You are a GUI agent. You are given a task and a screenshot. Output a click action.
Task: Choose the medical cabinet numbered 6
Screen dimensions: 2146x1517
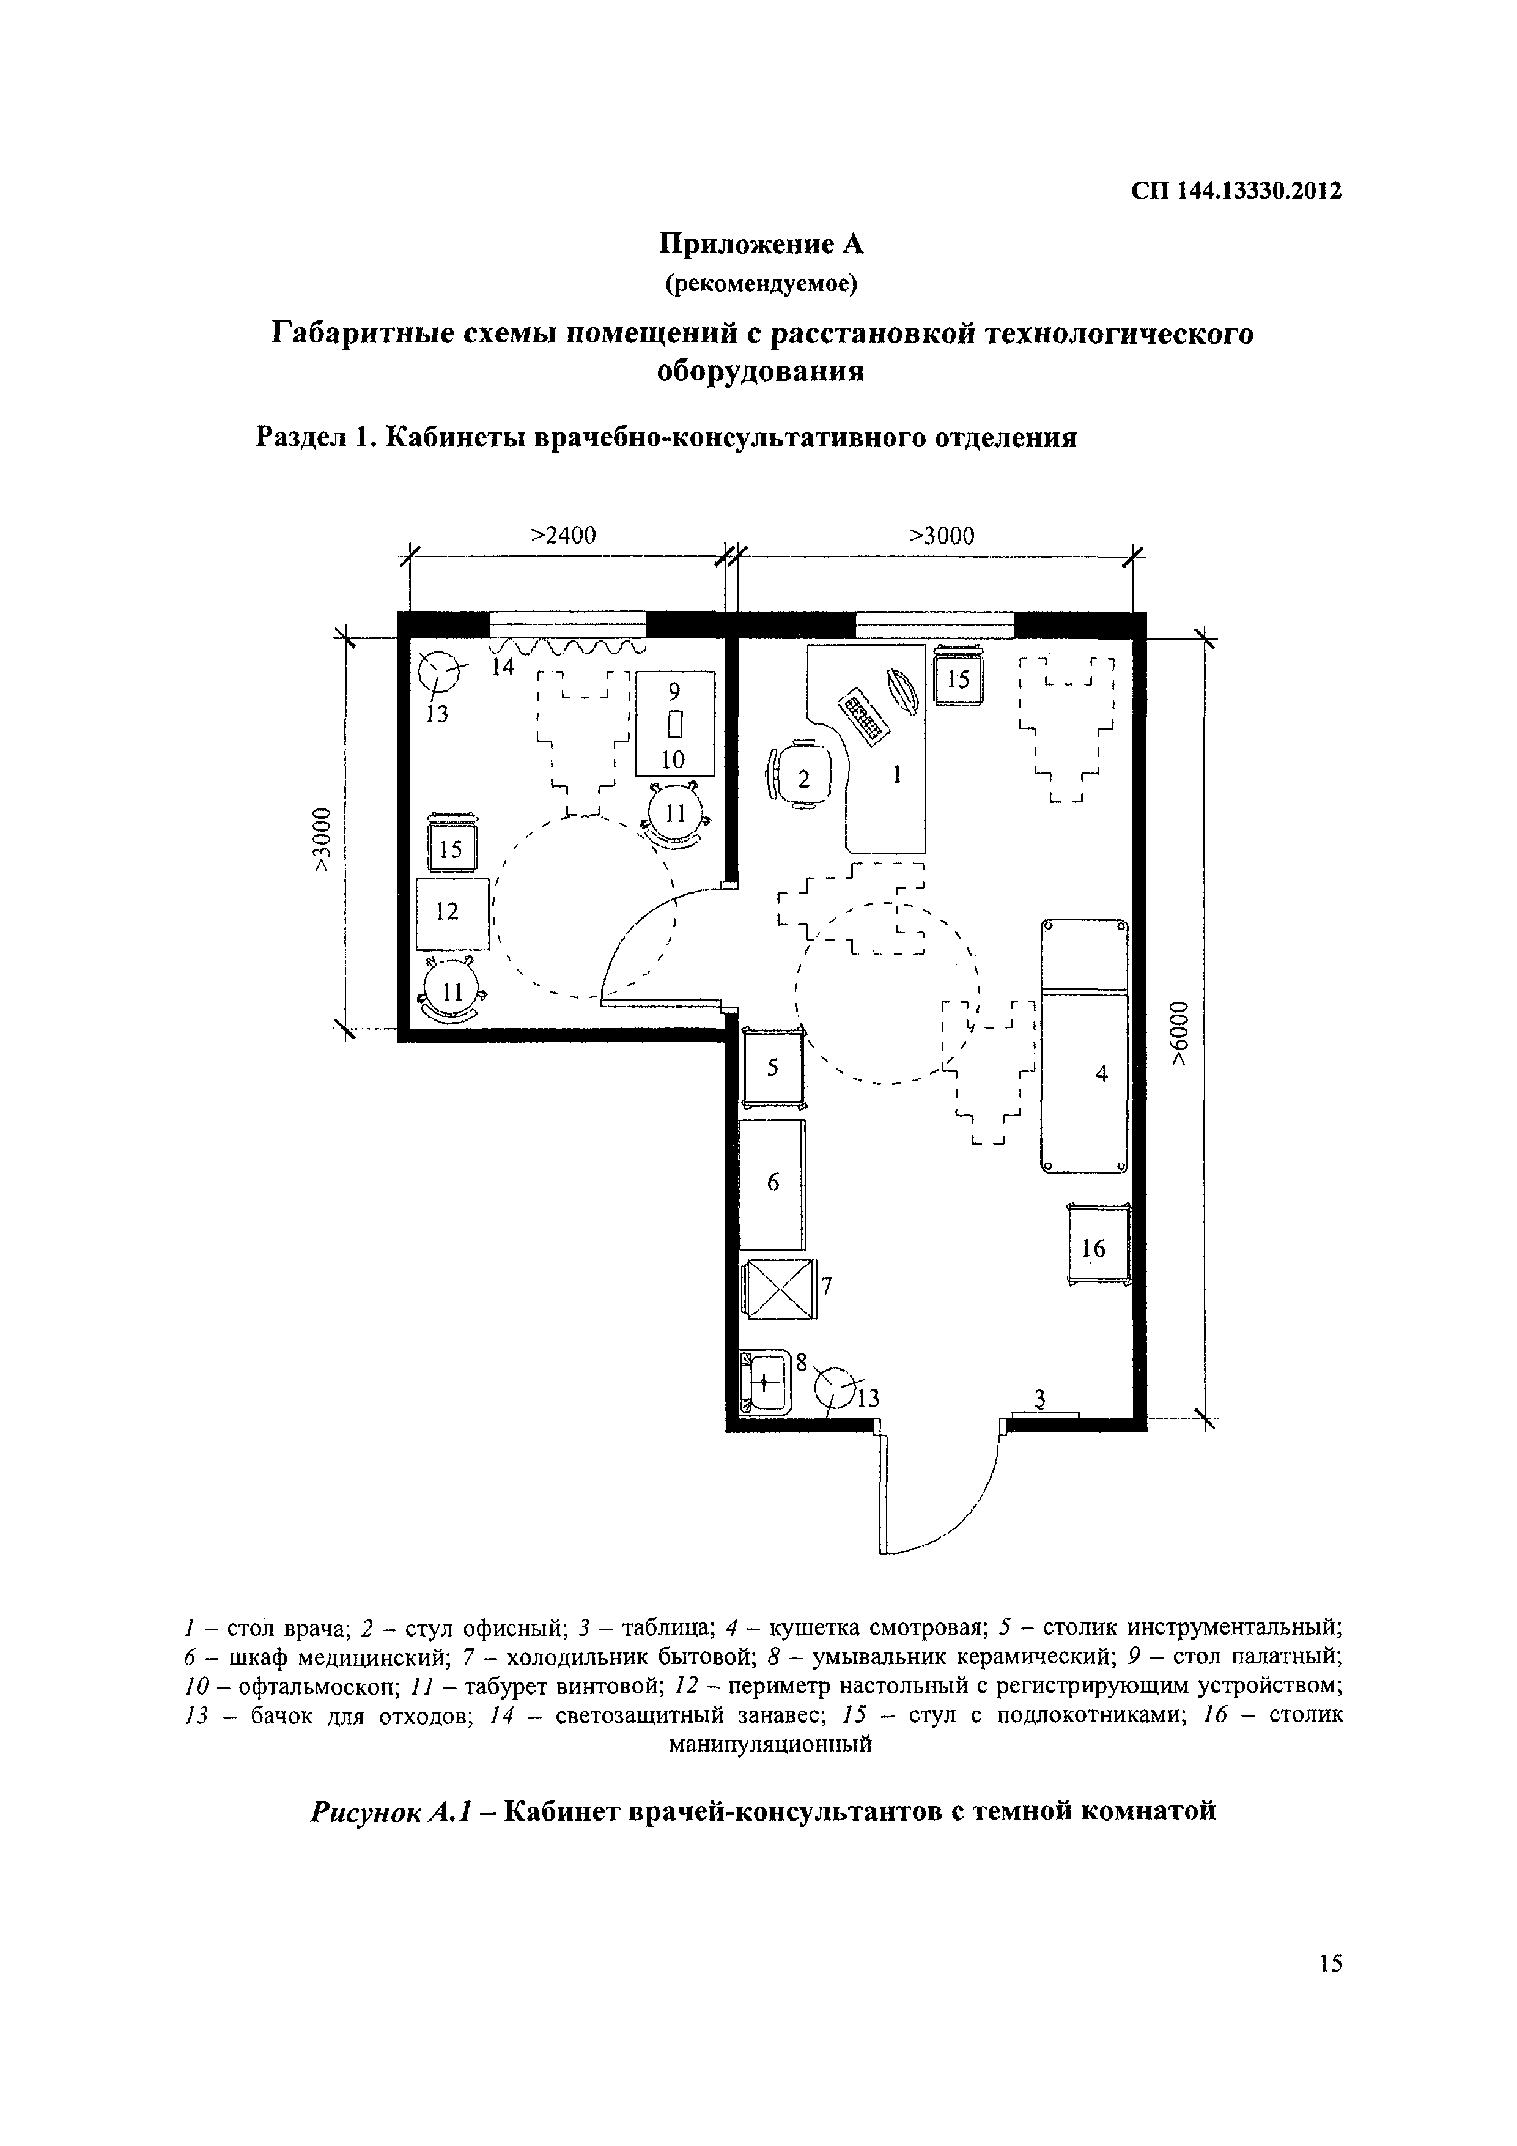(x=772, y=1183)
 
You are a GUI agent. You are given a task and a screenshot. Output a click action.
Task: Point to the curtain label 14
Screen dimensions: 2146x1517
(x=503, y=667)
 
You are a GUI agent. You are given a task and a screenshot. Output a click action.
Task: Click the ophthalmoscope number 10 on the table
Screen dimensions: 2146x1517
(x=674, y=758)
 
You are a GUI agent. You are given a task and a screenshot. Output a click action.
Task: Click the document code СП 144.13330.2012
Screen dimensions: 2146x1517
(x=1236, y=191)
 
